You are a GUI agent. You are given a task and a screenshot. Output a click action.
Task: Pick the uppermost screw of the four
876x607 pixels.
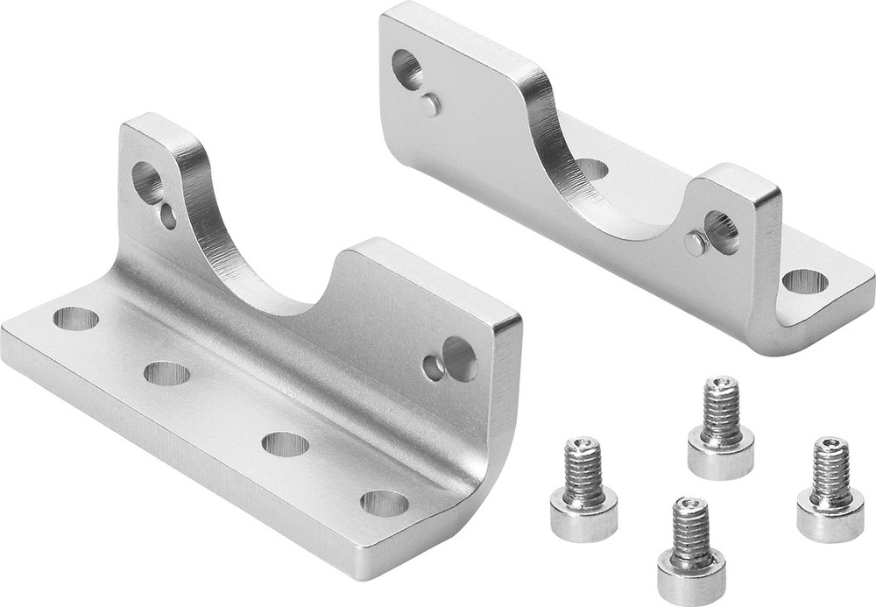(x=721, y=429)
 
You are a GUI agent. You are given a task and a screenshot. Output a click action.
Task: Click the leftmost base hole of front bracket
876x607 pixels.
(x=75, y=318)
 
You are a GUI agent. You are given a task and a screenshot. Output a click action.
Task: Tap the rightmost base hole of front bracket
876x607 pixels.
(x=384, y=503)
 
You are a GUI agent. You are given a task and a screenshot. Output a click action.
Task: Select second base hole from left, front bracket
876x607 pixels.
(x=166, y=373)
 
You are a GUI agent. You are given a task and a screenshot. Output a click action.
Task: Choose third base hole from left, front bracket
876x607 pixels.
(x=285, y=443)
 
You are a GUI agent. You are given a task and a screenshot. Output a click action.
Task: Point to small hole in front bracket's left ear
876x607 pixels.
(x=168, y=215)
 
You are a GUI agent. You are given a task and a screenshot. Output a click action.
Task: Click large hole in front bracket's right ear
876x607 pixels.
(x=459, y=358)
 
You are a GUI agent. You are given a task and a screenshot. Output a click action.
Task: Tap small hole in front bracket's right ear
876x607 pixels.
(x=433, y=368)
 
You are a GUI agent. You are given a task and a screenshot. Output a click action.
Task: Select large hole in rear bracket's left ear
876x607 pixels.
(x=407, y=67)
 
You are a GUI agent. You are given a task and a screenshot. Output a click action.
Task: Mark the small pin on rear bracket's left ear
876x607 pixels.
(x=428, y=105)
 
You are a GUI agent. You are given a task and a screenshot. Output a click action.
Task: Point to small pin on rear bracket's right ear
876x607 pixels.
(x=696, y=244)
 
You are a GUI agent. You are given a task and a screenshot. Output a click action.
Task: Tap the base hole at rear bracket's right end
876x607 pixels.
(x=804, y=281)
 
